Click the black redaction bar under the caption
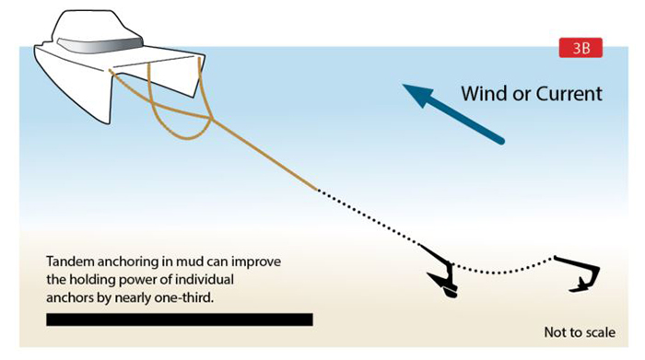point(180,319)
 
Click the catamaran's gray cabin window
point(97,41)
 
